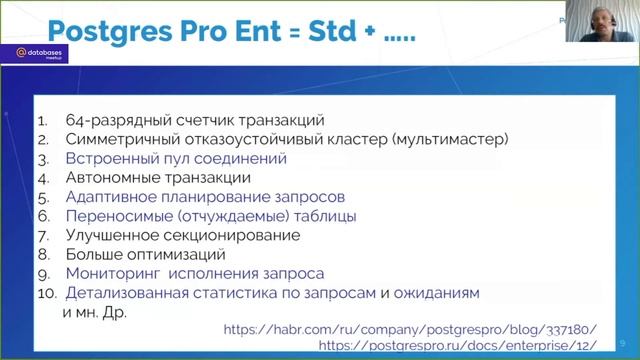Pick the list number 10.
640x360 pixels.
[46, 293]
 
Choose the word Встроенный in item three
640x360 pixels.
[110, 159]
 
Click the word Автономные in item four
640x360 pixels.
[109, 178]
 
